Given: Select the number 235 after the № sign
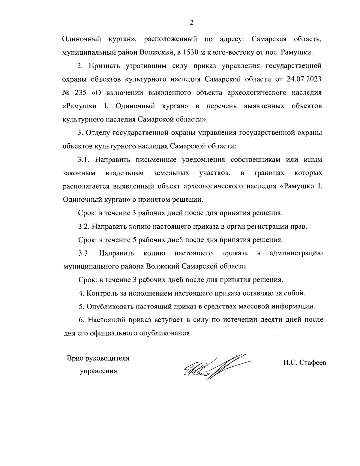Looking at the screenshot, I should coord(80,92).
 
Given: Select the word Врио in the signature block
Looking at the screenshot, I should coord(75,358).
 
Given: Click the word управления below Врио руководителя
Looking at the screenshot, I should coord(98,371).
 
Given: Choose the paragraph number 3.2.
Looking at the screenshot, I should coord(84,227).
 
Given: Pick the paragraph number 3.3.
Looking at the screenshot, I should coord(84,253).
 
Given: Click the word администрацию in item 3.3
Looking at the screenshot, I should coord(296,253).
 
